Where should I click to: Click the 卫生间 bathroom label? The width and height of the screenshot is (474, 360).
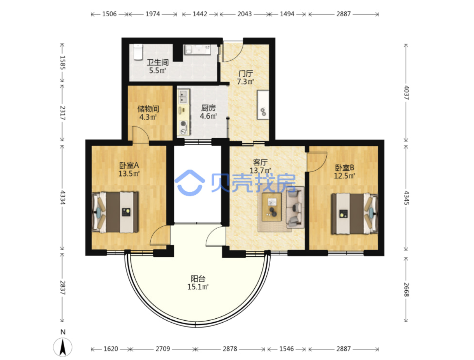pos(157,63)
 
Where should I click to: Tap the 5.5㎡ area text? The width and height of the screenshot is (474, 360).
pos(157,71)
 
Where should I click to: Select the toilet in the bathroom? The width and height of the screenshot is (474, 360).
pos(138,52)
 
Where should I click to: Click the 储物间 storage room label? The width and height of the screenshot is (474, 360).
pos(148,109)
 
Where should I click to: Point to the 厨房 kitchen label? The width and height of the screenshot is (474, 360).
pos(208,108)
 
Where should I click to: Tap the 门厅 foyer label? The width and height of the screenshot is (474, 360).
pos(245,74)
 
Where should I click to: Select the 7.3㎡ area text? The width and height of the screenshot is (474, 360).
pos(245,82)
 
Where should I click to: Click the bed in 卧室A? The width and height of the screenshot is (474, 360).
pos(115,212)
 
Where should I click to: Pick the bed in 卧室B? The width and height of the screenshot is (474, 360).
pos(354,214)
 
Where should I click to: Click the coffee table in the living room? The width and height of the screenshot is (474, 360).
pos(271,207)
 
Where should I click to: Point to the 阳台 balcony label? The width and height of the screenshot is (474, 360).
pos(198,279)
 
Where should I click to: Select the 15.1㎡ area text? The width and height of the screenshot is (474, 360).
pos(198,287)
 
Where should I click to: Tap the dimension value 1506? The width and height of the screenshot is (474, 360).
pos(109,14)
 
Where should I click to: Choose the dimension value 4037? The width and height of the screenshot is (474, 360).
pos(406,93)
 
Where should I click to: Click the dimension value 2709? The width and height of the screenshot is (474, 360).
pos(162,349)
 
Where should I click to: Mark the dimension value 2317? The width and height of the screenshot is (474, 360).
pos(63,113)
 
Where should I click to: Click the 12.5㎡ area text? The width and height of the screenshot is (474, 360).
pos(344,176)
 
